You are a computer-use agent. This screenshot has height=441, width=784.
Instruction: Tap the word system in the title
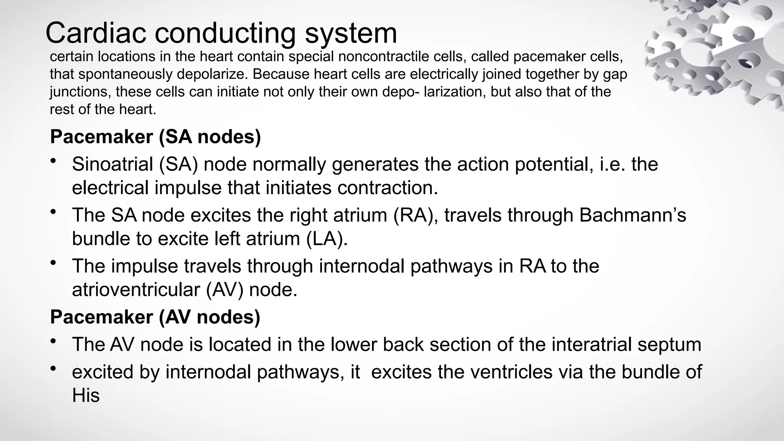351,34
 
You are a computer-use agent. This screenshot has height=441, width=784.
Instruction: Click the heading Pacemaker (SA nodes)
155,137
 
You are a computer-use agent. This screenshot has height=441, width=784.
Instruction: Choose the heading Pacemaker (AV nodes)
155,317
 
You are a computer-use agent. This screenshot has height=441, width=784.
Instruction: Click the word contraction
387,188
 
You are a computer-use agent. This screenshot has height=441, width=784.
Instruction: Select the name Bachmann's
632,215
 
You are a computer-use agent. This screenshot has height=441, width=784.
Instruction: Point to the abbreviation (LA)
327,239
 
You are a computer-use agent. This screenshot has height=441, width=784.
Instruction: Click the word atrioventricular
136,290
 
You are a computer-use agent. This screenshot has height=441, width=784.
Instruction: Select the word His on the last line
86,396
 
